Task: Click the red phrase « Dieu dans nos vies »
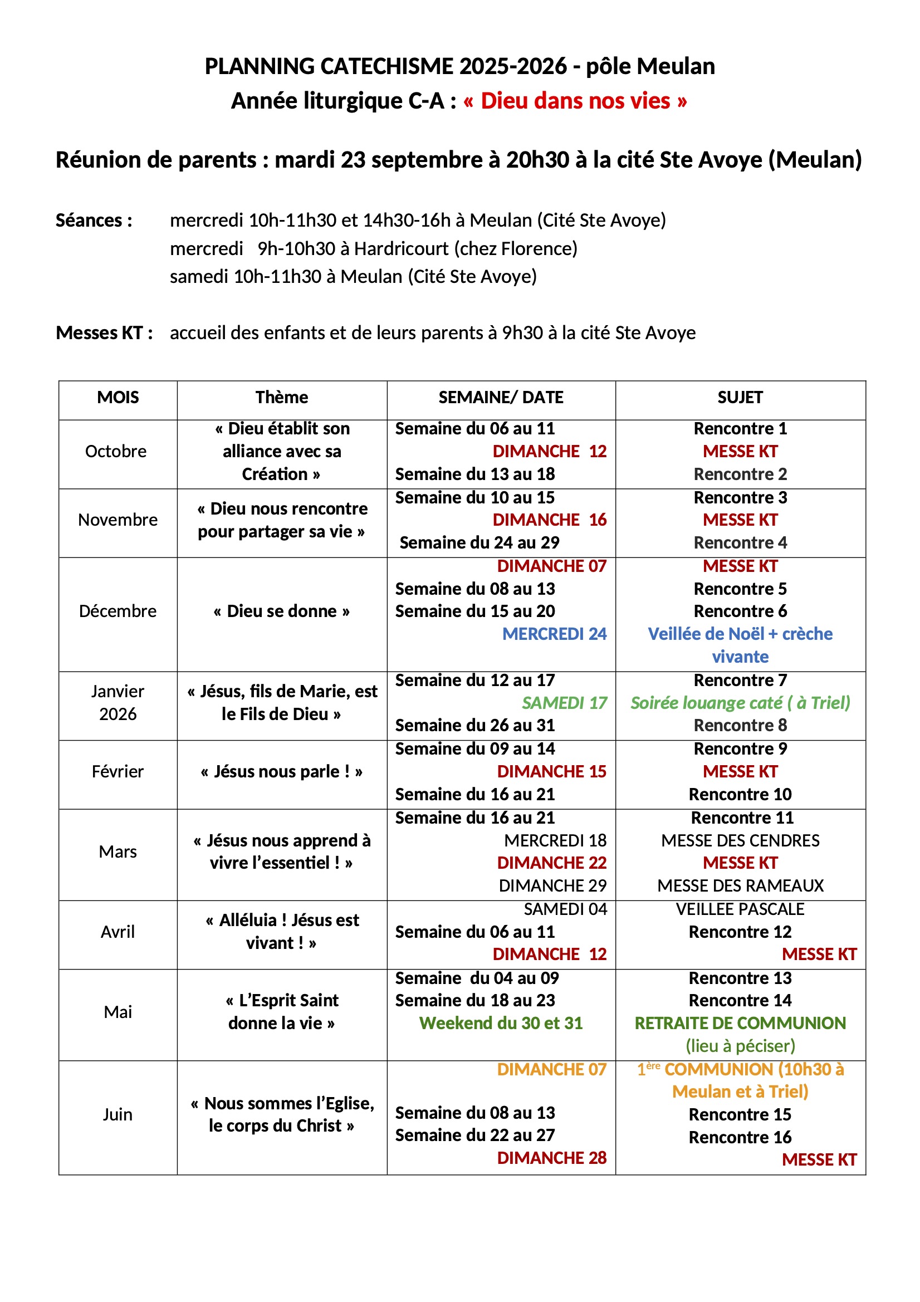(575, 101)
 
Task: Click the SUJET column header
(740, 398)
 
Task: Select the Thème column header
(281, 398)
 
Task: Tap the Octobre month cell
(116, 452)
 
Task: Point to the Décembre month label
(118, 611)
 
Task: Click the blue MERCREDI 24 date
(554, 634)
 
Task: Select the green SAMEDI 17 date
(564, 703)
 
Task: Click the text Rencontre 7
(740, 681)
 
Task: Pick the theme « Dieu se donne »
(281, 611)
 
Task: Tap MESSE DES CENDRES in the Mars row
(740, 840)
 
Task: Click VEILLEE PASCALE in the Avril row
(740, 909)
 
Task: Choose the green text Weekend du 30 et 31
(500, 1024)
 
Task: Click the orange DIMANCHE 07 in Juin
(551, 1069)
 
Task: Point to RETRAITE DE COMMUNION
(740, 1024)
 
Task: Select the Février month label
(118, 772)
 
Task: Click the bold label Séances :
(94, 221)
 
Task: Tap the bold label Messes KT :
(104, 333)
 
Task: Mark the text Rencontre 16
(740, 1138)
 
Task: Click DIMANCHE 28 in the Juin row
(551, 1158)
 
